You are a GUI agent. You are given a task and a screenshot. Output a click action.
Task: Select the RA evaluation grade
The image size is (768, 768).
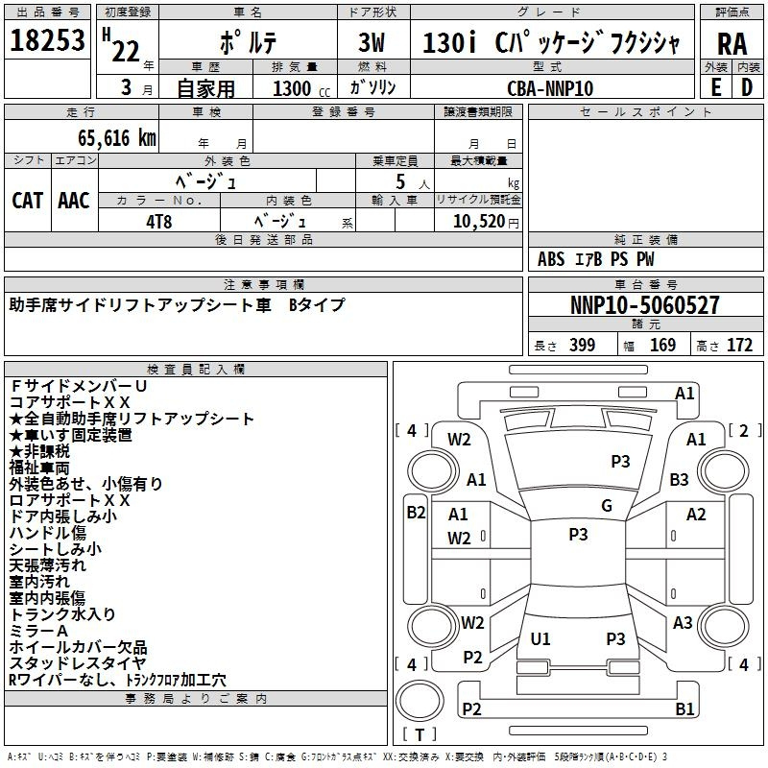(732, 43)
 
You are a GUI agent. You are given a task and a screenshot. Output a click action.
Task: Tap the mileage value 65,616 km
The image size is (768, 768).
(107, 137)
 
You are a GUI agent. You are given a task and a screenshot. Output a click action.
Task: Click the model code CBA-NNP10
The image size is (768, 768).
(550, 87)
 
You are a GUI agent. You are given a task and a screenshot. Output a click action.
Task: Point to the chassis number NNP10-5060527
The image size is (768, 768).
(644, 306)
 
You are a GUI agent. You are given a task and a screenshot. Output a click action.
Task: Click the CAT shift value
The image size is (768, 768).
(27, 200)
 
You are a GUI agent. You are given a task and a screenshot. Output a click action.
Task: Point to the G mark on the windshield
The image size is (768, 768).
(607, 506)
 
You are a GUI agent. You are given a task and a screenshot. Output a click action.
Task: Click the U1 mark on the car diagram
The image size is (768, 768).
(540, 638)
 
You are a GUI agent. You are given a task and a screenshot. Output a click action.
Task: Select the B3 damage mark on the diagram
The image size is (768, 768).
(680, 479)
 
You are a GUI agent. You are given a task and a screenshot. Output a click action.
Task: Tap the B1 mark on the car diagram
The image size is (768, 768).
(684, 709)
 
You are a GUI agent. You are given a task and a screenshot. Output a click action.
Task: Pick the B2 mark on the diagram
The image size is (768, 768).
(415, 513)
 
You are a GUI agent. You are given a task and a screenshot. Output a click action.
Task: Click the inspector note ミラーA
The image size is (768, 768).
(37, 630)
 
